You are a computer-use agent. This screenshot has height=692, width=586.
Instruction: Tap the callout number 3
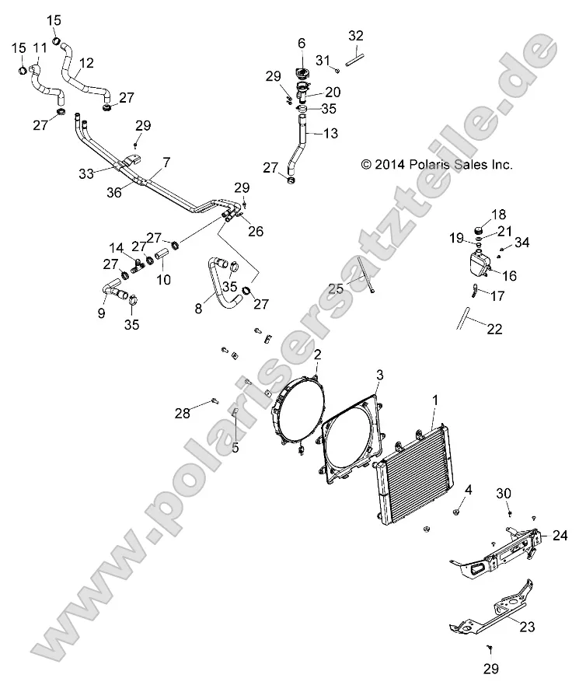tap(379, 375)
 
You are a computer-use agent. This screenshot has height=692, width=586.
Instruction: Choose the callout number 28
tap(182, 414)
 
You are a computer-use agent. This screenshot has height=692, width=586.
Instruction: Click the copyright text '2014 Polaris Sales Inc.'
tap(437, 165)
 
